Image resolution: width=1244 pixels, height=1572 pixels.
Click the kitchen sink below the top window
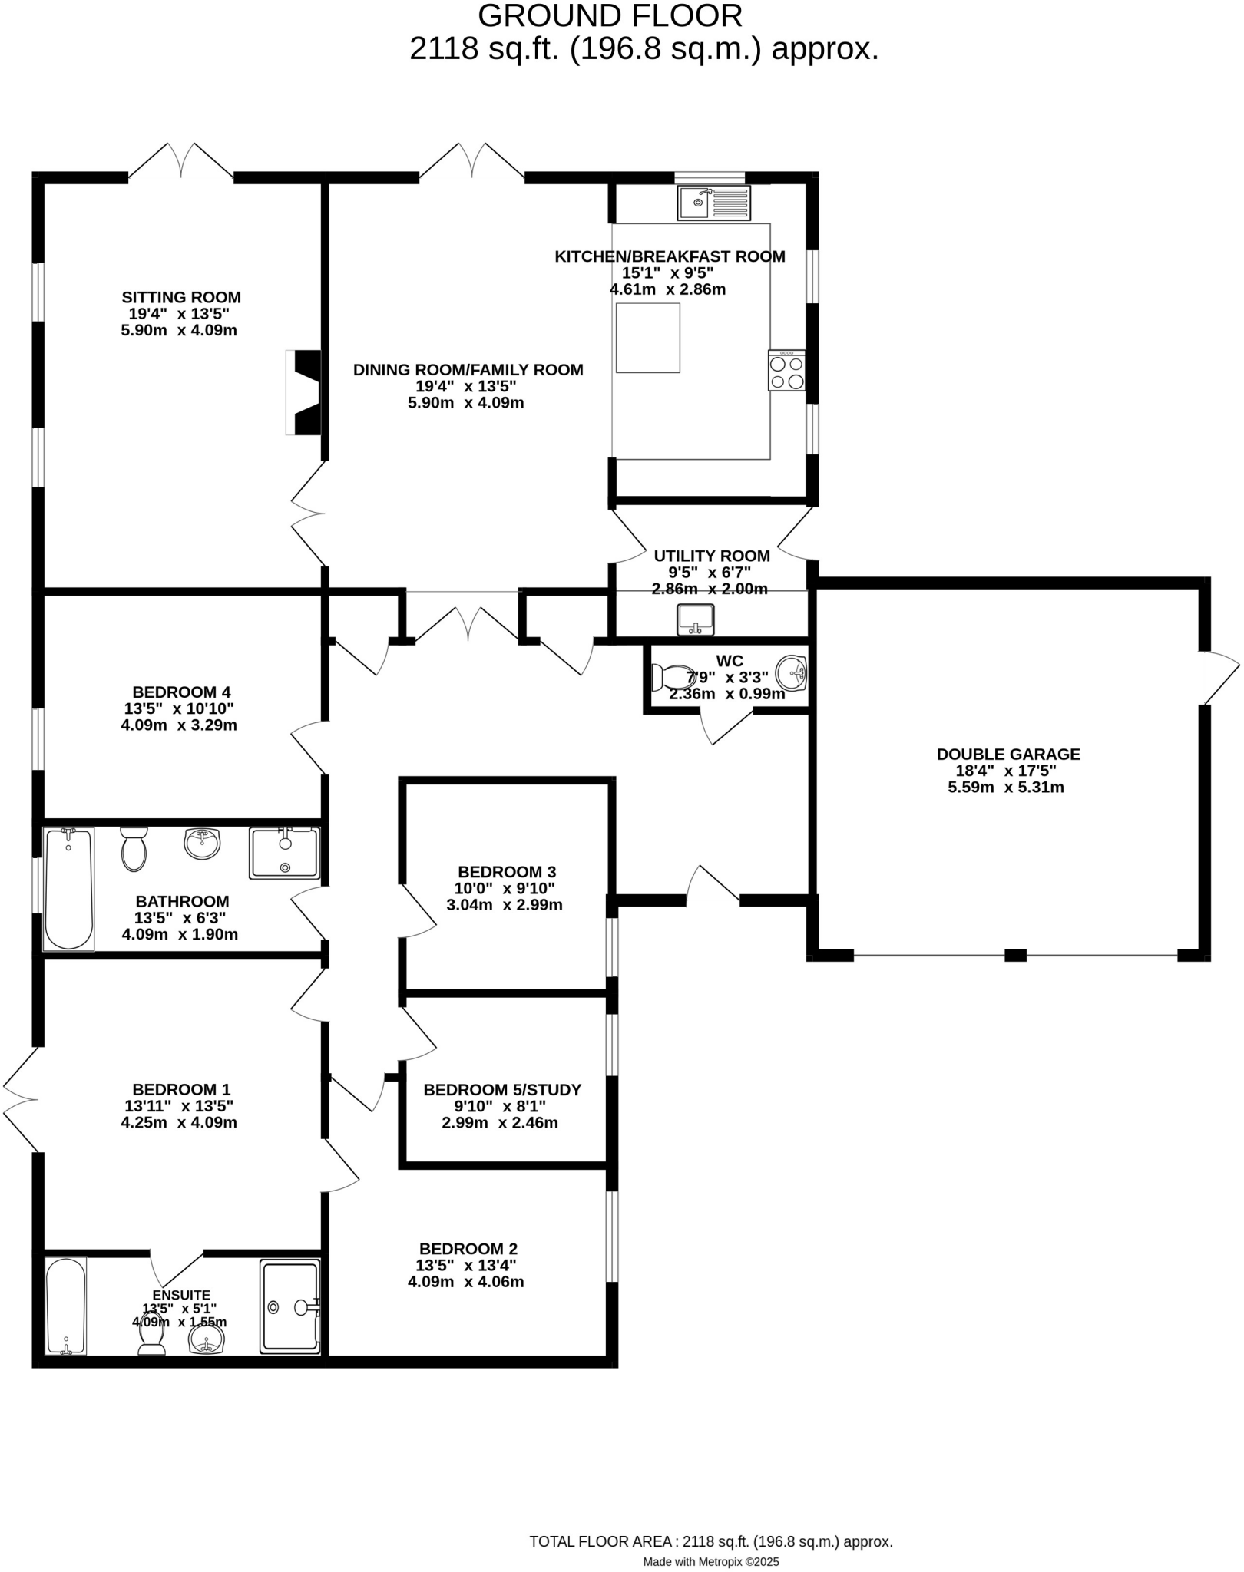pyautogui.click(x=713, y=203)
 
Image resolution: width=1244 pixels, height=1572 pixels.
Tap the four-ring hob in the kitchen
pyautogui.click(x=787, y=371)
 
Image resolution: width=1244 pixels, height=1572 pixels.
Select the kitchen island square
pyautogui.click(x=647, y=338)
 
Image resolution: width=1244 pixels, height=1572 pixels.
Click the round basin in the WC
pyautogui.click(x=792, y=673)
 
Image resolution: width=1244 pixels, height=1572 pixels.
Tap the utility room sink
pyautogui.click(x=696, y=619)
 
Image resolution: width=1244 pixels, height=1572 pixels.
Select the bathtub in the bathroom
pyautogui.click(x=68, y=888)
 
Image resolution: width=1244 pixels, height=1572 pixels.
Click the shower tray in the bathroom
pyautogui.click(x=284, y=853)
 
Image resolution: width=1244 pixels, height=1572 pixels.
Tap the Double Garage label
pyautogui.click(x=1007, y=755)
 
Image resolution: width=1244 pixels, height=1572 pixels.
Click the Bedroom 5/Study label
pyautogui.click(x=502, y=1090)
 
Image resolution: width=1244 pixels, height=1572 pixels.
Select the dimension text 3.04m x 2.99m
pyautogui.click(x=505, y=905)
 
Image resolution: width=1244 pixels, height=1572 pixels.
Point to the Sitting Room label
pyautogui.click(x=181, y=297)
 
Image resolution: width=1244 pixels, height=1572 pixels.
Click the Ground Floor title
pyautogui.click(x=610, y=16)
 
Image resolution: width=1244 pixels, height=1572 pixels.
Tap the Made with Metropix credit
pyautogui.click(x=710, y=1561)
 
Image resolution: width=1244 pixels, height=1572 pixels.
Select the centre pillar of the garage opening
pyautogui.click(x=1015, y=955)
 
